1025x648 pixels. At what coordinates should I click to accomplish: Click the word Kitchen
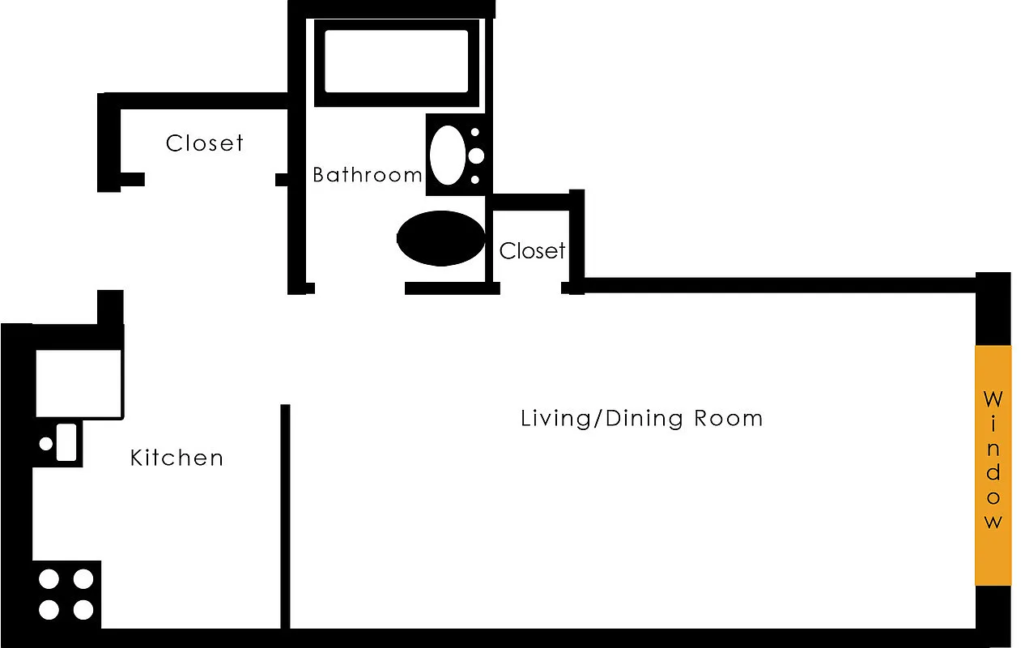point(177,458)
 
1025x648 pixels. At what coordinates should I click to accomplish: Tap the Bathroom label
point(367,174)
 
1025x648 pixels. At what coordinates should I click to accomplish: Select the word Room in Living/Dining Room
point(728,418)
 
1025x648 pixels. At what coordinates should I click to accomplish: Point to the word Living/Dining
point(602,419)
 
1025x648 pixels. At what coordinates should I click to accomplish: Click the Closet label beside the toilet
point(532,251)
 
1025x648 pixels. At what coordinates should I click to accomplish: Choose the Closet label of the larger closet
point(204,143)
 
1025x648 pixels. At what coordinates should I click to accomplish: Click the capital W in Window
point(993,399)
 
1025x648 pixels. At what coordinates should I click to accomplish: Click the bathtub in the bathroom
point(396,62)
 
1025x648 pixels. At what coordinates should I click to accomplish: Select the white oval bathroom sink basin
point(447,154)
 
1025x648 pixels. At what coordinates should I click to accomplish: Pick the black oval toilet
point(440,238)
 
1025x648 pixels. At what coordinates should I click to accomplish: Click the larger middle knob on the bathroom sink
point(476,155)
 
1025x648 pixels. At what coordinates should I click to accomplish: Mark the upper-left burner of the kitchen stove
point(49,579)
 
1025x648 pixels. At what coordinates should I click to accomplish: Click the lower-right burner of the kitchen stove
point(83,609)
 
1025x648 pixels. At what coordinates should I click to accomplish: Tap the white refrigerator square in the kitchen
point(79,382)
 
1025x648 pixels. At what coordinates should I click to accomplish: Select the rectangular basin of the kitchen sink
point(66,442)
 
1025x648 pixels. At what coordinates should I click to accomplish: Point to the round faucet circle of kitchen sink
point(46,443)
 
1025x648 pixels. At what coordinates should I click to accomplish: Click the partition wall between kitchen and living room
point(284,518)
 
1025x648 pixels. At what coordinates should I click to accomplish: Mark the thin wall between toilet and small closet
point(488,243)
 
